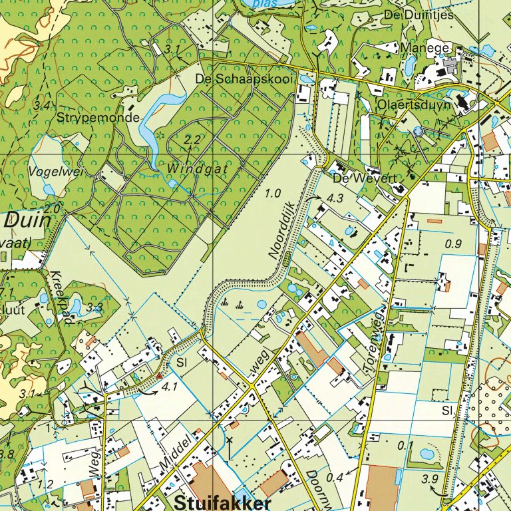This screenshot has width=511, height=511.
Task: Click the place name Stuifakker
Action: pos(223,502)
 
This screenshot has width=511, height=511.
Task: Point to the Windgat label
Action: pos(198,169)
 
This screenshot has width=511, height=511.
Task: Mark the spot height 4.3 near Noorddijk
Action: pos(334,198)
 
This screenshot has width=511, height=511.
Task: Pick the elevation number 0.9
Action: pos(453,244)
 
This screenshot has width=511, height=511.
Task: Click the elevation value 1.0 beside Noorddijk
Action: pos(273,194)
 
